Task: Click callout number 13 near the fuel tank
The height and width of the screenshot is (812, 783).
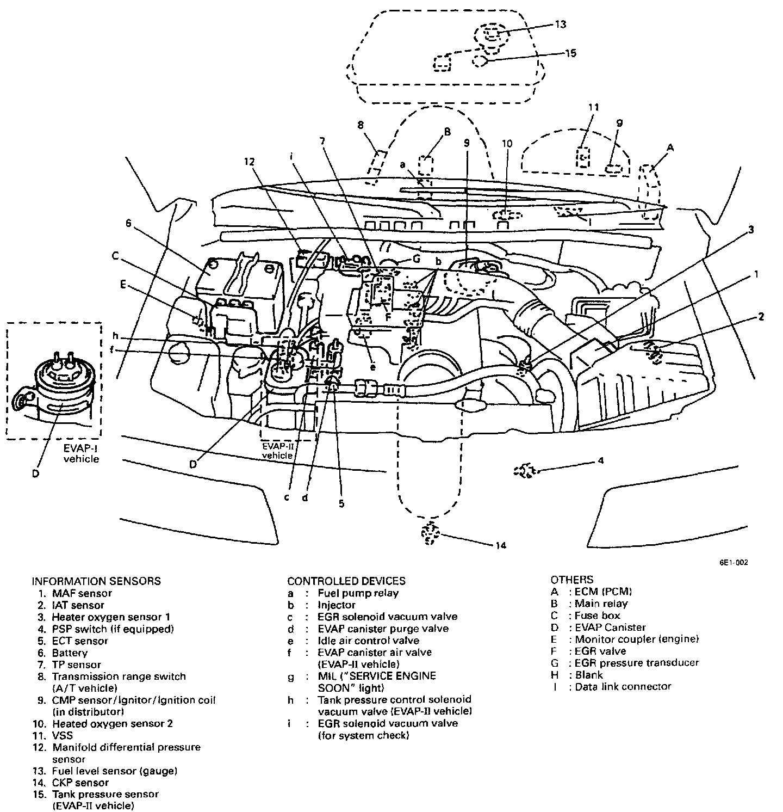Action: tap(561, 24)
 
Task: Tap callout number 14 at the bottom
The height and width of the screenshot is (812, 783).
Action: tap(501, 545)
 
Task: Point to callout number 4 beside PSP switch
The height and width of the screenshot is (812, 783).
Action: tap(600, 460)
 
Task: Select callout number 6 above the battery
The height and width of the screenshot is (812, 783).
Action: tap(128, 223)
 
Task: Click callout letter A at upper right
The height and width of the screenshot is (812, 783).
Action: tap(670, 147)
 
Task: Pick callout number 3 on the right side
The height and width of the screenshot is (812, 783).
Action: tap(751, 230)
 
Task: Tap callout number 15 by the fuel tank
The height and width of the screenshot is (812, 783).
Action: tap(570, 53)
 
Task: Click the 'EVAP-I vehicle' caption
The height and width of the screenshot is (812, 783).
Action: tap(81, 454)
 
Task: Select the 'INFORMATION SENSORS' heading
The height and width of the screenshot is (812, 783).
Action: tap(96, 581)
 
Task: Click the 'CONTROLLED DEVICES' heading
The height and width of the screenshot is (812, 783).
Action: tap(346, 581)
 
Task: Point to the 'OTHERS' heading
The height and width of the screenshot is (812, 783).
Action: tap(571, 580)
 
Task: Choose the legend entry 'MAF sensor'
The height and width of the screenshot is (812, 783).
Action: tap(82, 593)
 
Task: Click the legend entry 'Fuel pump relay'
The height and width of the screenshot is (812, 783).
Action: tap(358, 593)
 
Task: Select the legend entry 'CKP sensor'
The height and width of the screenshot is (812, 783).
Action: tap(80, 783)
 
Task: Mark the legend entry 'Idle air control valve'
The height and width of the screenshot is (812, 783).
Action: tap(368, 641)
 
